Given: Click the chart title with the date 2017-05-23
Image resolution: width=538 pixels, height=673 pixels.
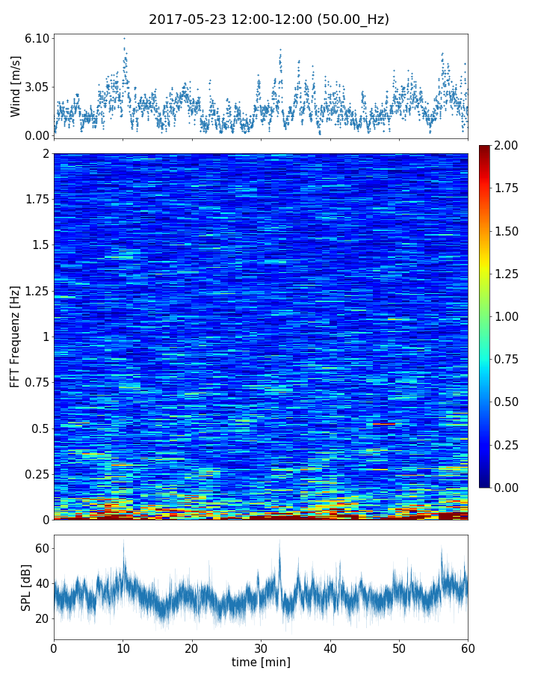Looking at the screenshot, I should click(269, 19).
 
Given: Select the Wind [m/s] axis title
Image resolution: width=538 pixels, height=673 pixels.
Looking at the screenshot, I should click(16, 86).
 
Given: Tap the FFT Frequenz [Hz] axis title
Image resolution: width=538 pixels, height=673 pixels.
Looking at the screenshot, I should click(16, 336).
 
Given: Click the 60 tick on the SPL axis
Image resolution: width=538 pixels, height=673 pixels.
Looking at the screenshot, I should click(40, 549).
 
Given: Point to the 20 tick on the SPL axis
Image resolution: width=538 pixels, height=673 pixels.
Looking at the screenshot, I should click(40, 618).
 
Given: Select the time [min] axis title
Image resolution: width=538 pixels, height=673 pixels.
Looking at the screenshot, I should click(261, 662).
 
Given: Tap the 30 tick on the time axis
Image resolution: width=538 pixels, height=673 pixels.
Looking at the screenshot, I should click(261, 648).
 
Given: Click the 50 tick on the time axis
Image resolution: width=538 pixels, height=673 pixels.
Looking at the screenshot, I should click(399, 648).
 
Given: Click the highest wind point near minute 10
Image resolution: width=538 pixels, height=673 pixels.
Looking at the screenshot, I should click(124, 38).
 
